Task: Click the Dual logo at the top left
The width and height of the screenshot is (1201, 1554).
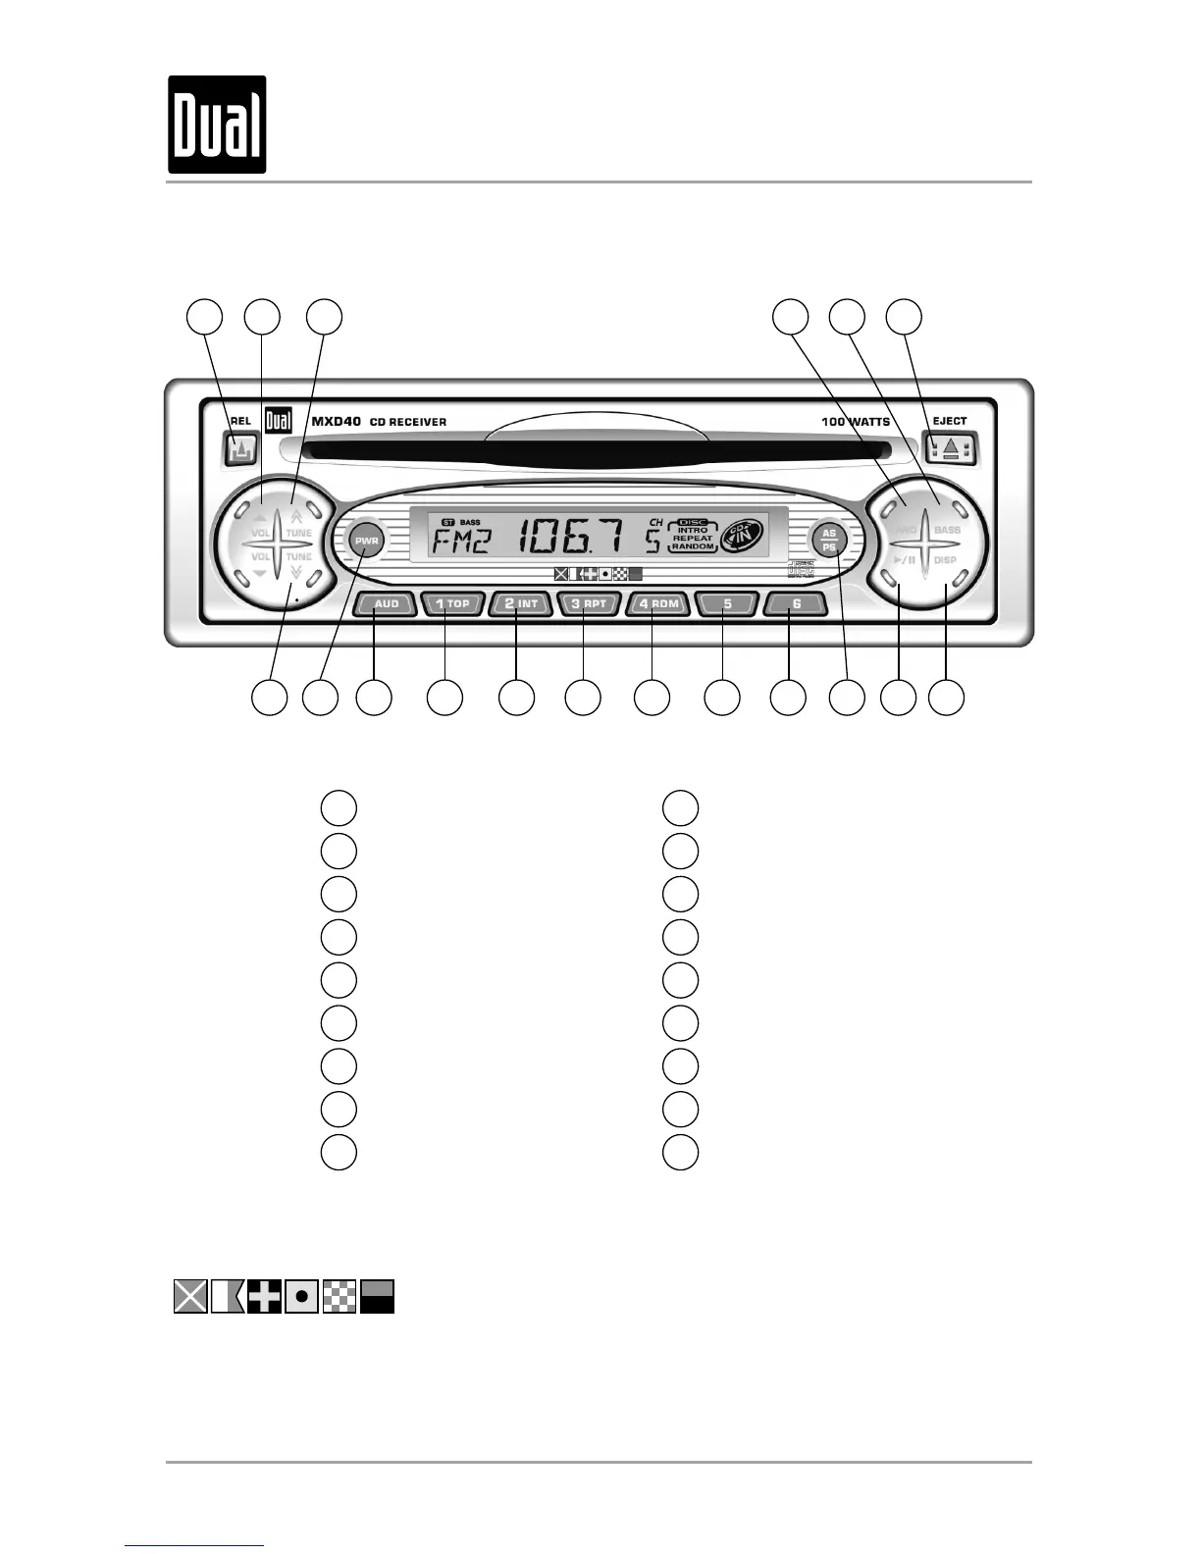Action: click(x=217, y=125)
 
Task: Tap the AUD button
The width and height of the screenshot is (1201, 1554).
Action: click(x=387, y=603)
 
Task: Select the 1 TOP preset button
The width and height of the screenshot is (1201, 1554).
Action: click(x=453, y=603)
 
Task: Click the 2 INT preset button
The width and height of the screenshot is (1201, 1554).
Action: click(x=521, y=603)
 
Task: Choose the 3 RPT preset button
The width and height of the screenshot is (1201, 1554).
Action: click(x=589, y=603)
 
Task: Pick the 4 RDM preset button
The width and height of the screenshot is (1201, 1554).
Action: click(x=658, y=603)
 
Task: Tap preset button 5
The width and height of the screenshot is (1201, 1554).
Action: click(x=727, y=603)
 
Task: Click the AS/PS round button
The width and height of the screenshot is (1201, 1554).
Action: click(x=829, y=542)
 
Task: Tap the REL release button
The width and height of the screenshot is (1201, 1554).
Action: click(x=238, y=450)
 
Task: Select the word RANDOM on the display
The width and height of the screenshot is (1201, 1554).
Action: click(x=693, y=546)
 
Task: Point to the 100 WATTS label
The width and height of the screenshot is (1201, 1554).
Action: click(x=856, y=422)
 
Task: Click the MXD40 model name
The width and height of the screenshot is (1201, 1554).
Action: click(x=336, y=421)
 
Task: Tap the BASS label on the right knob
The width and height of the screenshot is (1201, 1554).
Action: click(x=947, y=530)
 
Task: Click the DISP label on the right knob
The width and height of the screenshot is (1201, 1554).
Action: click(x=945, y=560)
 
